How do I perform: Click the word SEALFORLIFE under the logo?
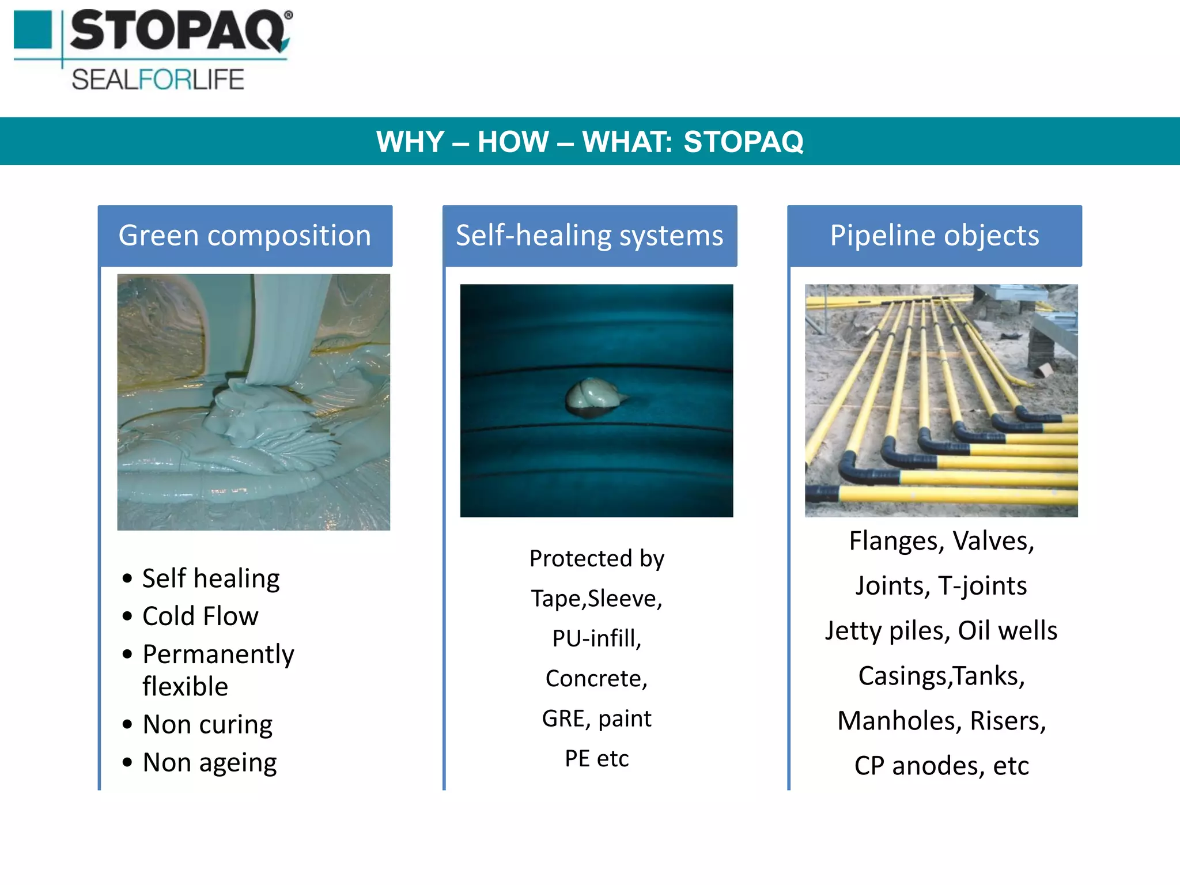pos(158,80)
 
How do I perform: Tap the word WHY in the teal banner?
pos(410,142)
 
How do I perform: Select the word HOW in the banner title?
pos(513,142)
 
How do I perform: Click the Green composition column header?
pos(245,236)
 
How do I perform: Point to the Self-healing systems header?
pos(589,236)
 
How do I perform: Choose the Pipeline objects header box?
pos(934,236)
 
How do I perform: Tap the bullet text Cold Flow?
pos(200,616)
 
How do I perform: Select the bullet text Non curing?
pos(207,724)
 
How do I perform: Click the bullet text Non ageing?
pos(209,762)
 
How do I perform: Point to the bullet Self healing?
pos(210,578)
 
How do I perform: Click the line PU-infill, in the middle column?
pos(596,638)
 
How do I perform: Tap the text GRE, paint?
pos(596,718)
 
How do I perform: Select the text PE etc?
pos(596,758)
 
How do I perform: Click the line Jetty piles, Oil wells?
pos(941,630)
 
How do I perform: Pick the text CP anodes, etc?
pos(941,766)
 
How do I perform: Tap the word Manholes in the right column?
pos(899,721)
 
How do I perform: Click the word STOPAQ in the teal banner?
pos(743,142)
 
